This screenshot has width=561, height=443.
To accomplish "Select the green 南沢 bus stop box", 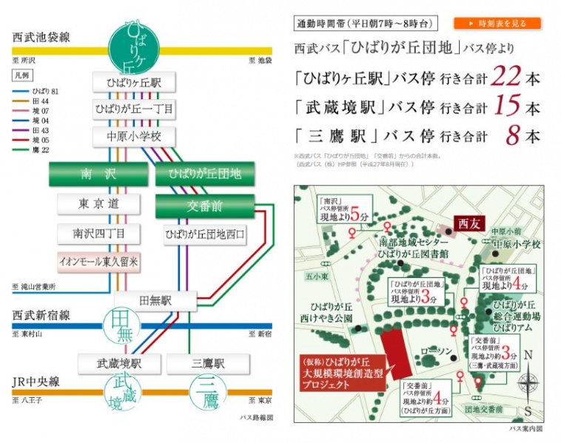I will pyautogui.click(x=98, y=175).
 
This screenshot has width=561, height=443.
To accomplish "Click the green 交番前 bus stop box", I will pyautogui.click(x=204, y=206).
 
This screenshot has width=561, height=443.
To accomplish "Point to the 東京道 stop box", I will pyautogui.click(x=98, y=203).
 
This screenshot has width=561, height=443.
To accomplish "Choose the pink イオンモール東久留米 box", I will pyautogui.click(x=98, y=261).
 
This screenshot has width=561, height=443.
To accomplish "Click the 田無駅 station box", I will pyautogui.click(x=155, y=300).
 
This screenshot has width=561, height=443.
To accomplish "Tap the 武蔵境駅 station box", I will pyautogui.click(x=119, y=364).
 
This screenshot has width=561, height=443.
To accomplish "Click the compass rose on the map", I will pyautogui.click(x=527, y=383).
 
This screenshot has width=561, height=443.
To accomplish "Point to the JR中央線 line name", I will pyautogui.click(x=37, y=382).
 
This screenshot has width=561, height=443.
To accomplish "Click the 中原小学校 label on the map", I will pyautogui.click(x=517, y=244).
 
